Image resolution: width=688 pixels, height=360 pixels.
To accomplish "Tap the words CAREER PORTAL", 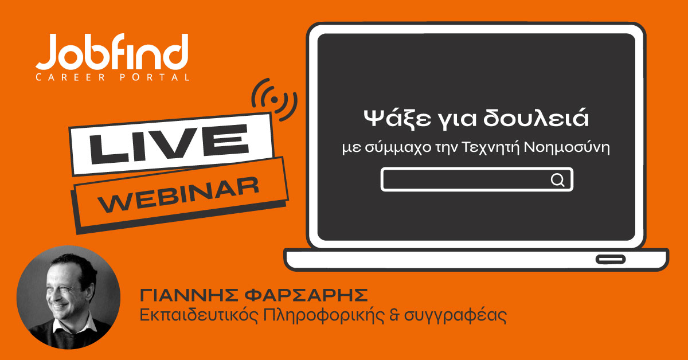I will tap(112, 77).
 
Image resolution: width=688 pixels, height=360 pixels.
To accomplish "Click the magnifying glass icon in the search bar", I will tap(557, 180).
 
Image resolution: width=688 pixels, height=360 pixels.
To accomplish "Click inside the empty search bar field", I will tap(464, 180).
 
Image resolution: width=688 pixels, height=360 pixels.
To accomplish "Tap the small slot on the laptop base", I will tap(610, 259).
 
